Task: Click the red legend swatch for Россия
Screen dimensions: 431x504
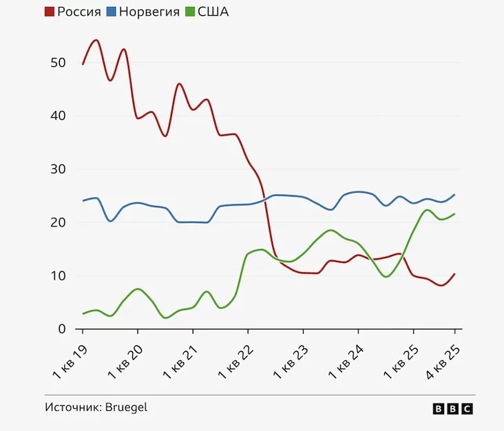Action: (x=50, y=12)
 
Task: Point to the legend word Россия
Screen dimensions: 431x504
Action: (x=78, y=12)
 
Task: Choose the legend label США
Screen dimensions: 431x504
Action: (x=213, y=12)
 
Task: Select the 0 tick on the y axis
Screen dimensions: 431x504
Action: (x=61, y=329)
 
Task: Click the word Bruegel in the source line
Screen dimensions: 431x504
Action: (x=127, y=407)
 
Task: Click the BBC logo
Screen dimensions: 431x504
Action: (x=452, y=408)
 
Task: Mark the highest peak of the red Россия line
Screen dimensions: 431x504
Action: (x=96, y=40)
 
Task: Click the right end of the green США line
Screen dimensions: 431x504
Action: (x=454, y=214)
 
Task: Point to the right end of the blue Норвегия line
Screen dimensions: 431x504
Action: (x=454, y=194)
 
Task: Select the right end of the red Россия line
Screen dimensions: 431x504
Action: (x=454, y=274)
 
